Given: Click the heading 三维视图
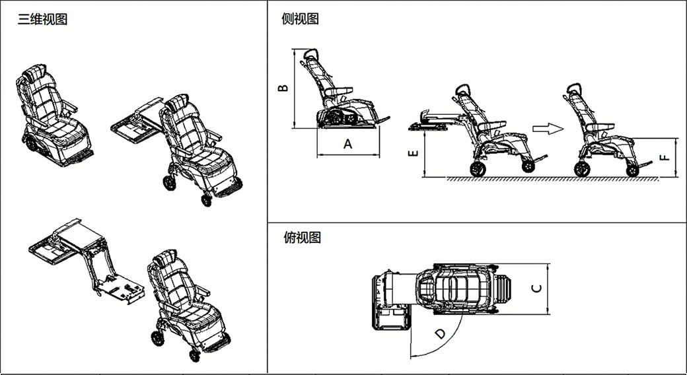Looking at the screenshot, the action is coord(42,20).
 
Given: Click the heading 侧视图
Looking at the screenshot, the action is coord(300,19).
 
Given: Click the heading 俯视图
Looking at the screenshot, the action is coord(303,238).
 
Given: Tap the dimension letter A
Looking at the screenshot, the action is coord(347,144).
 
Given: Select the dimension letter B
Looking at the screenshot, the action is coord(283,88).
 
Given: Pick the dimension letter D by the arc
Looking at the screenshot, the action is coord(441,334).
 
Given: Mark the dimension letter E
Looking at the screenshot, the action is coord(413,153).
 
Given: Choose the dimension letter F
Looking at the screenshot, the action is coord(665,157).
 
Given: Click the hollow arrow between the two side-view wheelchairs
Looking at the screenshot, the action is coord(548,129).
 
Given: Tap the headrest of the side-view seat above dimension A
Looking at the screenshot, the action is coord(310,54).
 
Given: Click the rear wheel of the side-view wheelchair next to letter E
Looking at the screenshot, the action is coord(478,169).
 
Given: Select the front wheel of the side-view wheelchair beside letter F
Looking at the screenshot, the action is coord(632,171).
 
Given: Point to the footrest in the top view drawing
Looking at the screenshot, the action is coord(505,289).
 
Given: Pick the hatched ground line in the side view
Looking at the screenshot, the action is coord(553,178).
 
